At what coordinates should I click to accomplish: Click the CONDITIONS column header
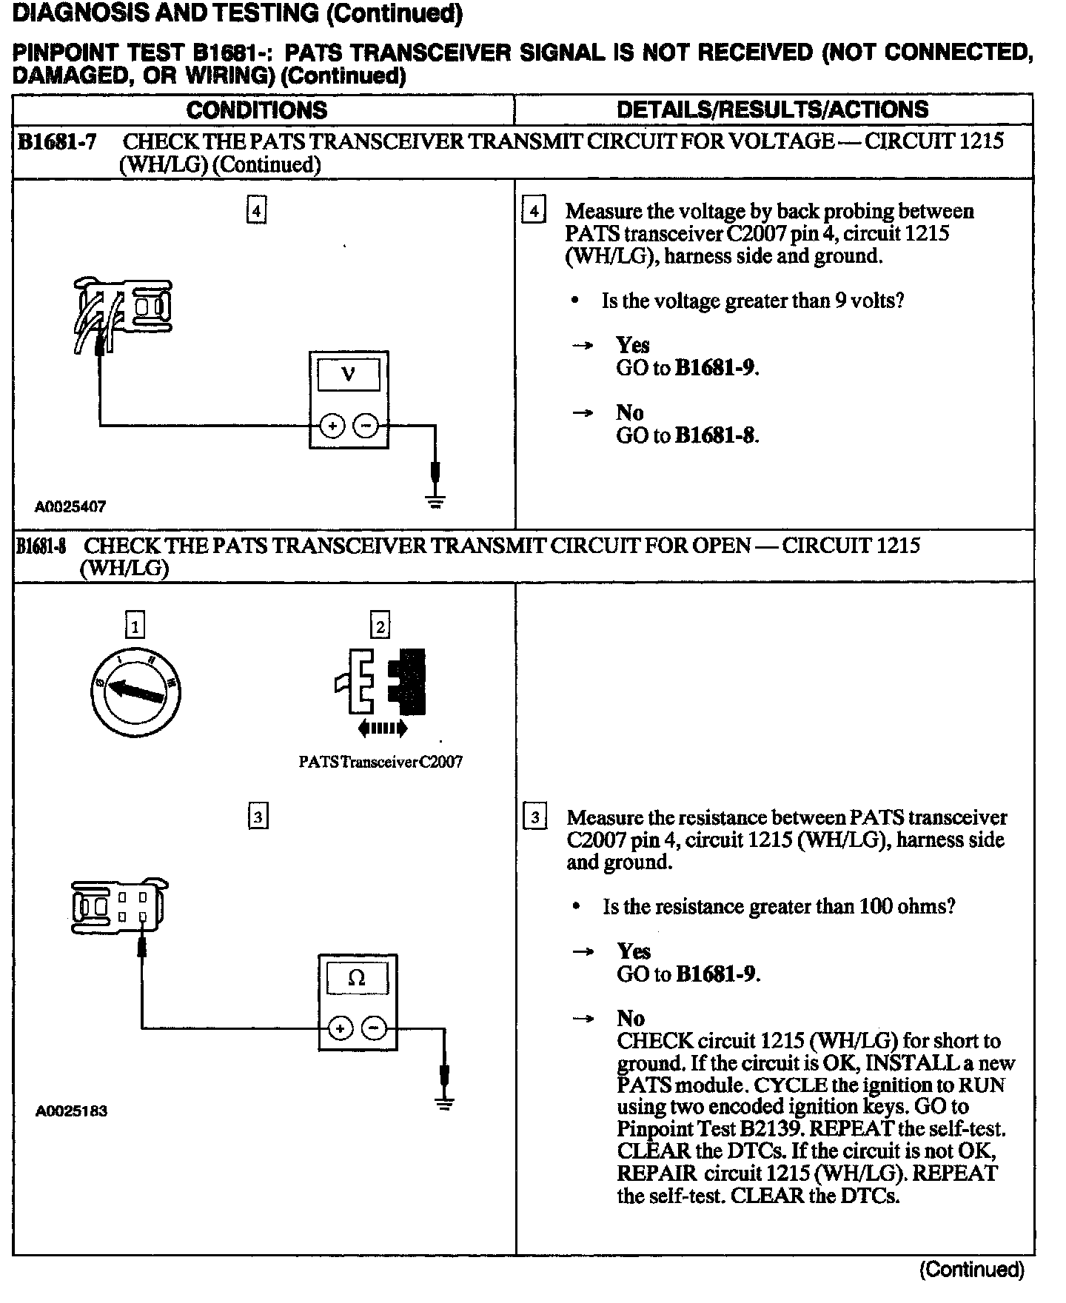(x=256, y=110)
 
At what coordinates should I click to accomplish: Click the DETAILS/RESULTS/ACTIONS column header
(x=772, y=110)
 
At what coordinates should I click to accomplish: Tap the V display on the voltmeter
(x=349, y=375)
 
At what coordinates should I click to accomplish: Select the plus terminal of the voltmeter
(x=332, y=426)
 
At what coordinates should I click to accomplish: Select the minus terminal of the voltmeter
(x=365, y=426)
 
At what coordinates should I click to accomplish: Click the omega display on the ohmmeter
(x=357, y=978)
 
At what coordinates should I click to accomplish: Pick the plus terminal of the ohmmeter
(x=341, y=1028)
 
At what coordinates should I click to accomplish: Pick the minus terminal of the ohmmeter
(x=375, y=1028)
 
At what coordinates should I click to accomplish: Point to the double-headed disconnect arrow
(x=382, y=729)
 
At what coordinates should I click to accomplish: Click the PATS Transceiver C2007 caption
(x=381, y=763)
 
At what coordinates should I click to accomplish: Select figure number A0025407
(x=70, y=507)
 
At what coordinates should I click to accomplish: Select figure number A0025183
(x=71, y=1111)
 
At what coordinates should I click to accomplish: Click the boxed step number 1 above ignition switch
(x=135, y=626)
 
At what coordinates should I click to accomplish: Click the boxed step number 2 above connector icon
(x=380, y=626)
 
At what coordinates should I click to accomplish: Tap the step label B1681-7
(x=57, y=141)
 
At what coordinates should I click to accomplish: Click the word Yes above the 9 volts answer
(x=632, y=345)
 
